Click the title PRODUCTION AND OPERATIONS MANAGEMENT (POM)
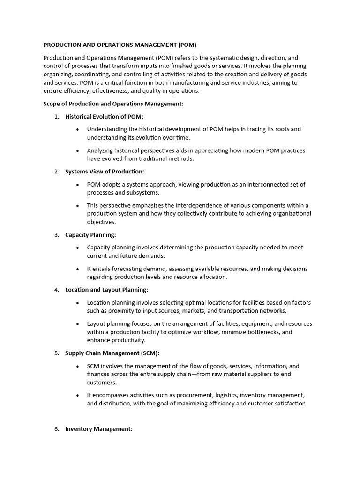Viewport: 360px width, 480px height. [120, 45]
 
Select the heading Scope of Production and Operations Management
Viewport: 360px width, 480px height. [113, 104]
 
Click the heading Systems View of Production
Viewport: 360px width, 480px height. [105, 172]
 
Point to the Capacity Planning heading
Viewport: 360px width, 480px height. [90, 234]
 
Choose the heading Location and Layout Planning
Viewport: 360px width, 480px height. [106, 290]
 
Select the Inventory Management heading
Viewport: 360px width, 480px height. [99, 428]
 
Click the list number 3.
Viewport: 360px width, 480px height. [57, 234]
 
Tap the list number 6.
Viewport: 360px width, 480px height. [57, 428]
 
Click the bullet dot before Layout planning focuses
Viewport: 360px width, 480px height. [77, 324]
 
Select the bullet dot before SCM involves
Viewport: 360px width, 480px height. [77, 366]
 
